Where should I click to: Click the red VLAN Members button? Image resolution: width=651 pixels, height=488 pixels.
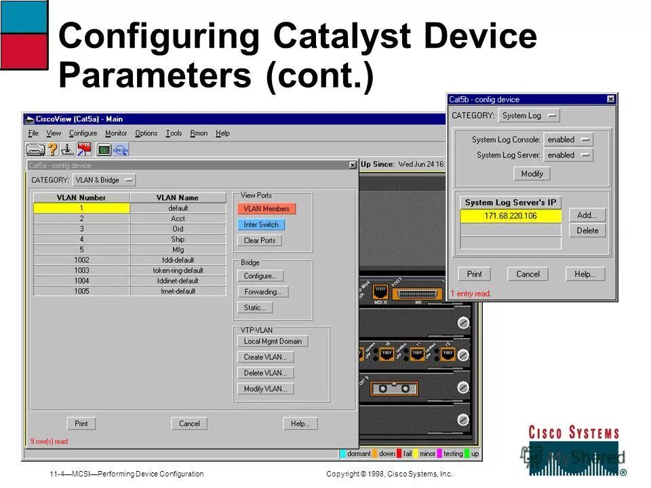(x=267, y=209)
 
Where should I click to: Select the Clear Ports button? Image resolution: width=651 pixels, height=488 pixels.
(x=260, y=241)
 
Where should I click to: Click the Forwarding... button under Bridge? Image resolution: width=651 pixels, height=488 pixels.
(x=263, y=292)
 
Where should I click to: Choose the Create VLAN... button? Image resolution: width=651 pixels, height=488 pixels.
(x=266, y=357)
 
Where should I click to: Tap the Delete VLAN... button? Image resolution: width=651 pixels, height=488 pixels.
(x=266, y=373)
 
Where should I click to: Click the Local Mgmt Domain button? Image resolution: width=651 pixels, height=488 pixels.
(x=273, y=342)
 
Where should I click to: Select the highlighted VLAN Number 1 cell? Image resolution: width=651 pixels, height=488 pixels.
(x=81, y=208)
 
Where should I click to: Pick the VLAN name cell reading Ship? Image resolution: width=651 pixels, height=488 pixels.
(x=178, y=239)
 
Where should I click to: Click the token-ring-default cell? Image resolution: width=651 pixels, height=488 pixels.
(x=178, y=270)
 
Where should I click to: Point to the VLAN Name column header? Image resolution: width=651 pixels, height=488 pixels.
(x=178, y=198)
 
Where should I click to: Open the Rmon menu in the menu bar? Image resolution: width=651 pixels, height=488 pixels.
(x=199, y=134)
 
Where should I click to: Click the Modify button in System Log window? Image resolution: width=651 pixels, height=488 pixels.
(x=532, y=174)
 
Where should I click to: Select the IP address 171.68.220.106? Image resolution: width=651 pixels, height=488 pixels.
(x=511, y=216)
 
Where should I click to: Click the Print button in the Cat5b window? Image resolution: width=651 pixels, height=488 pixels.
(x=474, y=274)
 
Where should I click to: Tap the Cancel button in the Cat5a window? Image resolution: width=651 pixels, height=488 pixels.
(x=189, y=424)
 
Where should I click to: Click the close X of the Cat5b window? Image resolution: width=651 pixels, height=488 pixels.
(x=610, y=100)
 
